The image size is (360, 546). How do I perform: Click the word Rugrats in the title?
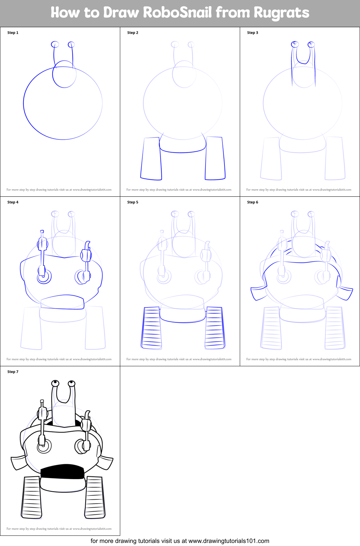coord(281,13)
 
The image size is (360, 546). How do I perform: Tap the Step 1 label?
coord(13,33)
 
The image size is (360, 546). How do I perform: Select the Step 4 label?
coord(13,202)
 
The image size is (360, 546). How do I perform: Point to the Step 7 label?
coord(13,372)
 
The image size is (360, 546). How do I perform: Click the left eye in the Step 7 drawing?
coord(55,384)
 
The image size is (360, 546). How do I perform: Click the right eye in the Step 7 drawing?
coord(71,384)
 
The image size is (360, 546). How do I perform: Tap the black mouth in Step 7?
coord(62,472)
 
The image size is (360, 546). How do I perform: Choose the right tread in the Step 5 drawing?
coord(215,328)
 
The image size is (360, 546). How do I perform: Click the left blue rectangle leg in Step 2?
coord(151,158)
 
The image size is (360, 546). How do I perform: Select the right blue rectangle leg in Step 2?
coord(215,158)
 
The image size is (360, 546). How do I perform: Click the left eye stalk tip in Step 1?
coord(55,45)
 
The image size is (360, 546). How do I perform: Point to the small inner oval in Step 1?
coord(64,74)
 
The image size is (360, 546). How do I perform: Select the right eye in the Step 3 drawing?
coord(311,45)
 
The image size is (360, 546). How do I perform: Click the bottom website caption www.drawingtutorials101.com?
coord(229,541)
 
